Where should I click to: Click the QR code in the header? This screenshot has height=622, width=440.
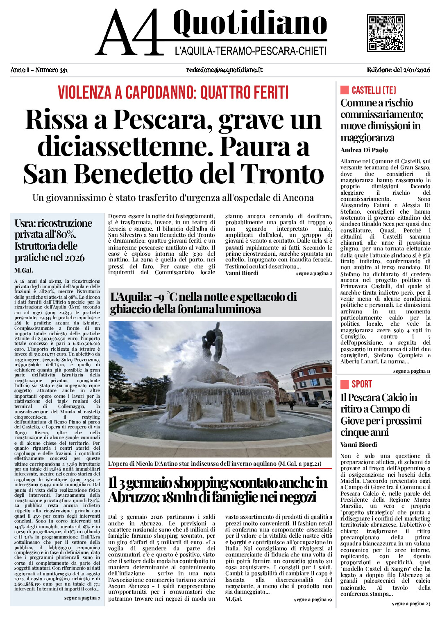pos(386,33)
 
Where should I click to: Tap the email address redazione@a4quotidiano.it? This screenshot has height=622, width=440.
pos(224,70)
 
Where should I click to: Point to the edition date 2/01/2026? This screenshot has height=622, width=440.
pos(416,70)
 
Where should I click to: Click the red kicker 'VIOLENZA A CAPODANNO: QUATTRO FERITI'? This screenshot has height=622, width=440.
pos(173,92)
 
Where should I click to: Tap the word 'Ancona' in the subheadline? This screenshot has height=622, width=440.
pos(298,198)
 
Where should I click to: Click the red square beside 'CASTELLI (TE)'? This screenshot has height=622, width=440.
pos(345,90)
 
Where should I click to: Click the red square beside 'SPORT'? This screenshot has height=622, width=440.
pos(345,384)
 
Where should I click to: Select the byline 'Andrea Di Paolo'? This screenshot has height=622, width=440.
pos(364,150)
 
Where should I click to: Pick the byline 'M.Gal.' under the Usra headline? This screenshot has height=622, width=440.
pos(24,270)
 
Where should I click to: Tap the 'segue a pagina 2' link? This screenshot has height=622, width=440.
pos(314,273)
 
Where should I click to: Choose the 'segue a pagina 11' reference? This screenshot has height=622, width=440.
pos(411,371)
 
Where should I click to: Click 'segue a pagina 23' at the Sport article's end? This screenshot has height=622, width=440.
pos(411,604)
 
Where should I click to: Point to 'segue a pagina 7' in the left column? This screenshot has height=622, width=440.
pos(82,598)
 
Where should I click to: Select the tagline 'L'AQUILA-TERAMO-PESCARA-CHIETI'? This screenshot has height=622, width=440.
pos(250,51)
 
